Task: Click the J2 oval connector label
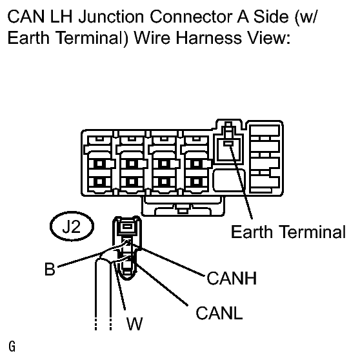pyautogui.click(x=72, y=226)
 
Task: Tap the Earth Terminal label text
pyautogui.click(x=288, y=232)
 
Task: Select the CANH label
pyautogui.click(x=232, y=278)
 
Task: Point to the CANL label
pyautogui.click(x=219, y=313)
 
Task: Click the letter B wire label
pyautogui.click(x=50, y=269)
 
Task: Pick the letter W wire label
pyautogui.click(x=135, y=323)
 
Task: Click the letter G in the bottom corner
pyautogui.click(x=12, y=346)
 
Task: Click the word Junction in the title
pyautogui.click(x=111, y=17)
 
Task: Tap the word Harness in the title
pyautogui.click(x=208, y=37)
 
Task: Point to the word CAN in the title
pyautogui.click(x=26, y=17)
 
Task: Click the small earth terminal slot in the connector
pyautogui.click(x=228, y=143)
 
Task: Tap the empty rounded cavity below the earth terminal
pyautogui.click(x=229, y=180)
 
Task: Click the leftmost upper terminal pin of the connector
pyautogui.click(x=99, y=164)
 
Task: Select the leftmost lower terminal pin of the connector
pyautogui.click(x=99, y=182)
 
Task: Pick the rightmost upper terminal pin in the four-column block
pyautogui.click(x=197, y=164)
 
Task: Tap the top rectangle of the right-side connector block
pyautogui.click(x=265, y=131)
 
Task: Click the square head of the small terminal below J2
pyautogui.click(x=126, y=227)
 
